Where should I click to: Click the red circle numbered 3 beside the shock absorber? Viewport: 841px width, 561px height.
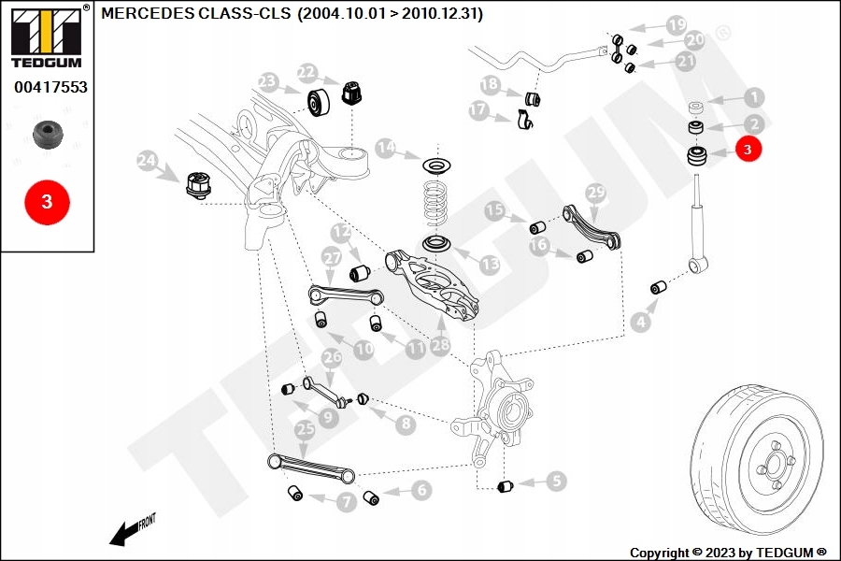748,149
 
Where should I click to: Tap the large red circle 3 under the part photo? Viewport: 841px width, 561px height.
48,201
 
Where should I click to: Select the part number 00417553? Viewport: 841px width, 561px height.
50,87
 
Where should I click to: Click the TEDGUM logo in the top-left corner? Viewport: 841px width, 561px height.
46,36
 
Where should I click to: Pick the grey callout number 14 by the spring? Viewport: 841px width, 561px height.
386,148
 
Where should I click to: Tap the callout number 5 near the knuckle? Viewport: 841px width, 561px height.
556,482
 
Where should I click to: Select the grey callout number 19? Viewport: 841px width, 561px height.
676,24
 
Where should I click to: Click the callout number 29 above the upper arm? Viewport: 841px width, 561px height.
596,192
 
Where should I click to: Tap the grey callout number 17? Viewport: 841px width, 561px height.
478,110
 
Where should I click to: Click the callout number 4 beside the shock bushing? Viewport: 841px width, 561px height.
639,323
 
